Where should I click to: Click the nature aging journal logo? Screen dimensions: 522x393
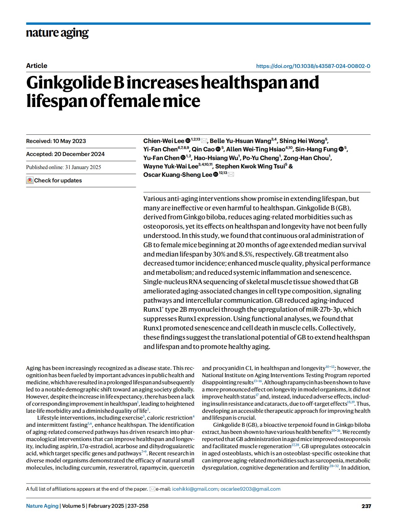click(57, 33)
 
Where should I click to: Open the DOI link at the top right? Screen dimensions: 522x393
click(313, 66)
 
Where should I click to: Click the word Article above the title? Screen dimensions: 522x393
click(37, 65)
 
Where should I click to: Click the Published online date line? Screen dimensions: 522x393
click(64, 167)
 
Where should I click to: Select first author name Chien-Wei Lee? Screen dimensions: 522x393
click(163, 141)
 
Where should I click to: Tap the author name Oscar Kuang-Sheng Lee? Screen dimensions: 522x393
click(177, 175)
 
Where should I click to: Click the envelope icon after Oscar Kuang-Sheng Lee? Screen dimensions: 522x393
click(231, 175)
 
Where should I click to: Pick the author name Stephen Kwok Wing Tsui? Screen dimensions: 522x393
click(250, 166)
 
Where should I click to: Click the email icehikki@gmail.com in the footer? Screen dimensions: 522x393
click(195, 489)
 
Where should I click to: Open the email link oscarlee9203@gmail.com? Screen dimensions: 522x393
click(250, 489)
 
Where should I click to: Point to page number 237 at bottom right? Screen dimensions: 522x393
click(366, 506)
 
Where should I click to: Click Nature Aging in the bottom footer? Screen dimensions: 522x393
click(42, 506)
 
